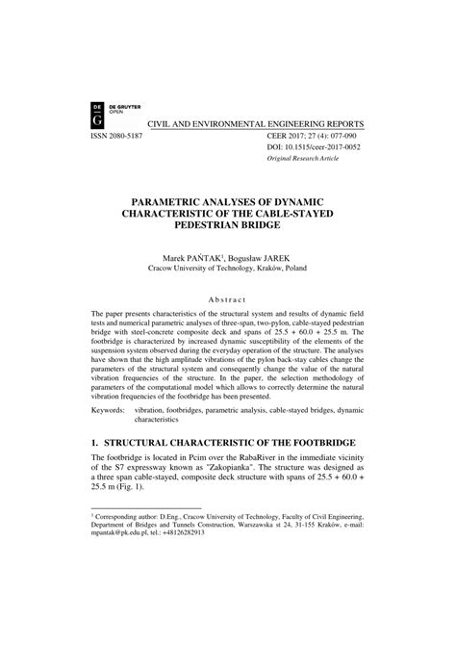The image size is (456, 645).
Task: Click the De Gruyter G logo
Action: pos(96,114)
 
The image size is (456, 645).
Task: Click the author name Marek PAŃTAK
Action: pos(196,258)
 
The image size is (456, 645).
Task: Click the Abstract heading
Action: pos(227,298)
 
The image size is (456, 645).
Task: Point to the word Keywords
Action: pos(108,410)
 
